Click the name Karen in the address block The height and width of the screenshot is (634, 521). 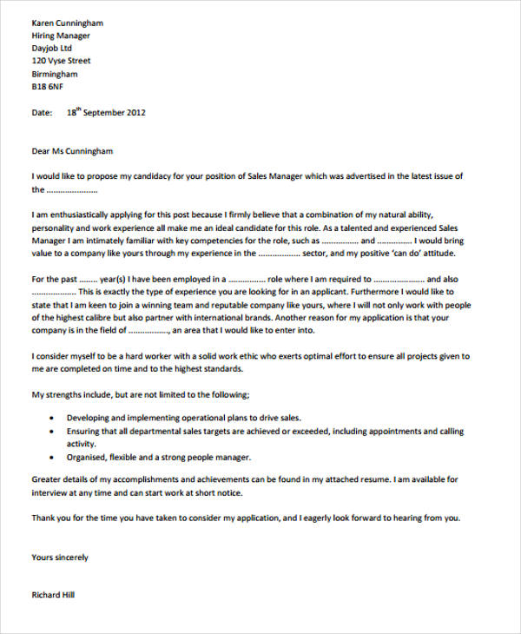44,23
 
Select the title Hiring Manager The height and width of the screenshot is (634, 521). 61,36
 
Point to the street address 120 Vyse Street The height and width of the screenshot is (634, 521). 61,62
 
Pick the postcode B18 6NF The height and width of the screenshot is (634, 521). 48,88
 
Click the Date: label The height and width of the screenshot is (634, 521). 43,113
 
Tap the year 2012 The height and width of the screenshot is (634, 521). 136,113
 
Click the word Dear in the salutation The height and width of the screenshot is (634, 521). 41,151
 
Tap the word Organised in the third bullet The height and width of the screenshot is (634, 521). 88,457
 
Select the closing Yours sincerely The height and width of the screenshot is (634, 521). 59,557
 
